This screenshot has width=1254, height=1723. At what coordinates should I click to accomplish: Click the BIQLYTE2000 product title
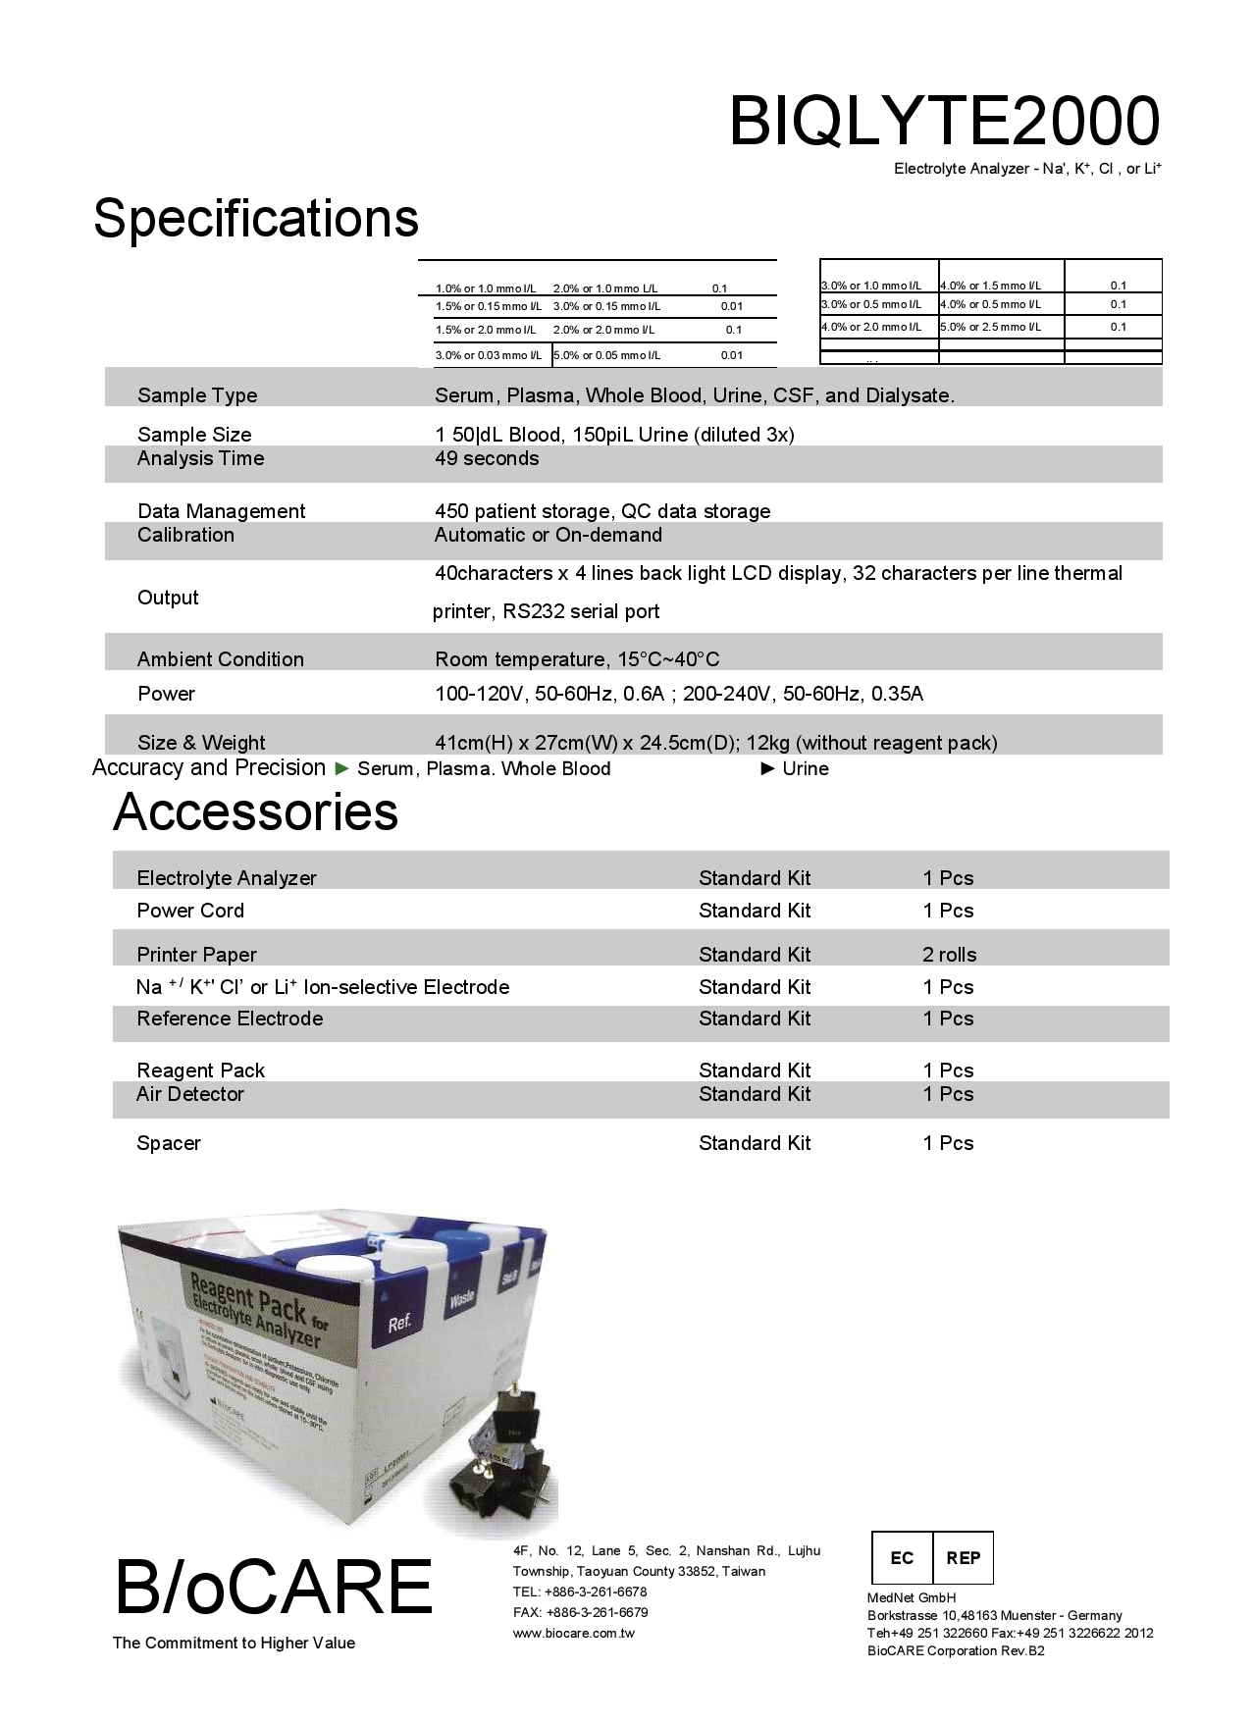click(944, 122)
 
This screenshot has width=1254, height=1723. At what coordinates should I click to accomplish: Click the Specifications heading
click(256, 218)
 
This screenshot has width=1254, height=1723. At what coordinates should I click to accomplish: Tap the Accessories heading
click(255, 811)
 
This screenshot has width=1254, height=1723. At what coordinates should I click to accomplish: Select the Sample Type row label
click(197, 395)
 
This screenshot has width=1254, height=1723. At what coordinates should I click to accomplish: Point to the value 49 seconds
click(487, 458)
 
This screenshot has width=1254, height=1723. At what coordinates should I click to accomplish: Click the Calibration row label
click(185, 535)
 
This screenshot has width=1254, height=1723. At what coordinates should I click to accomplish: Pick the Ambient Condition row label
click(221, 659)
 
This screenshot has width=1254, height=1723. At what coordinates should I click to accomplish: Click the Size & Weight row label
click(201, 743)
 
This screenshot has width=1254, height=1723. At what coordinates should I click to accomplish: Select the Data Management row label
click(221, 511)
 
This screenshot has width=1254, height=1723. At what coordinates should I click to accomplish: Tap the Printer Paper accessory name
click(196, 955)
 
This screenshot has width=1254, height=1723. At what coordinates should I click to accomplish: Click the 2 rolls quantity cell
click(949, 955)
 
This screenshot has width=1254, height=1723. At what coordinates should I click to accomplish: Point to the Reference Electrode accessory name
click(230, 1018)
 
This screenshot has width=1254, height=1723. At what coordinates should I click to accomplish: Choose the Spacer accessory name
click(169, 1143)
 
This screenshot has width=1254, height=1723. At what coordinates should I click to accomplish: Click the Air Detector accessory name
click(190, 1094)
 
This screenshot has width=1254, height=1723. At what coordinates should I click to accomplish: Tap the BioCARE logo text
click(273, 1587)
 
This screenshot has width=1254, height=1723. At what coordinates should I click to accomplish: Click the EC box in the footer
click(902, 1558)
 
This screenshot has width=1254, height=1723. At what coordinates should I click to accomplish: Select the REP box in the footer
click(963, 1558)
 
